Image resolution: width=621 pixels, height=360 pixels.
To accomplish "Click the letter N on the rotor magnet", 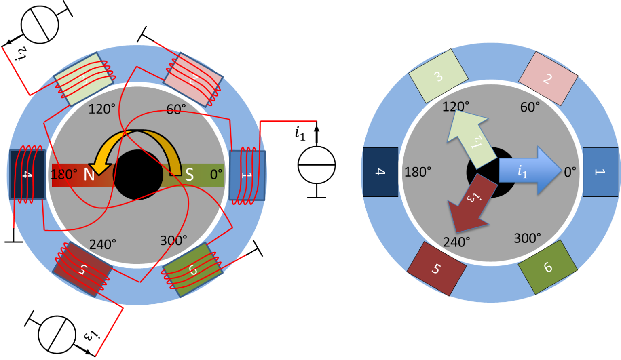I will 89,175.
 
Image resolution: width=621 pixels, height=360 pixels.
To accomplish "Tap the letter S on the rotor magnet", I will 189,175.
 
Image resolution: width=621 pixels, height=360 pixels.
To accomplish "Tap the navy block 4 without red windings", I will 380,172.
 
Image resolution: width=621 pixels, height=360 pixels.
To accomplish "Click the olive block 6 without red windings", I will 547,267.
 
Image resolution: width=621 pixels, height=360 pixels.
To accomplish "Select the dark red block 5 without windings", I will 436,269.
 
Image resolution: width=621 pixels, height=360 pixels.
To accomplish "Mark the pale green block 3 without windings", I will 438,76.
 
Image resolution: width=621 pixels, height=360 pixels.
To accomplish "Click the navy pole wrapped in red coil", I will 26,175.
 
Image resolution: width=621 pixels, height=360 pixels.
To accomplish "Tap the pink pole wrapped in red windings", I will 193,79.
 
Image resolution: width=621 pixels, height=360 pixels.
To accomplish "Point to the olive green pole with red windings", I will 192,270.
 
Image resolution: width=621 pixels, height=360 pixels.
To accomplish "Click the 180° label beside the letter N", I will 64,175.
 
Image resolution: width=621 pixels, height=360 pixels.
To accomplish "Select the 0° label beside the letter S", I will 216,175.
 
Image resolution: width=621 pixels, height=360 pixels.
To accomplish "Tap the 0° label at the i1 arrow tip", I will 570,172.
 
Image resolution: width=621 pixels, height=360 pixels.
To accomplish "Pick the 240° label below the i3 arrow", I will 456,242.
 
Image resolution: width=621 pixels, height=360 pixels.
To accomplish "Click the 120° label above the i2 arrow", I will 456,107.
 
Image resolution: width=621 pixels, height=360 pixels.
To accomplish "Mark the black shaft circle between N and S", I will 137,175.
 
